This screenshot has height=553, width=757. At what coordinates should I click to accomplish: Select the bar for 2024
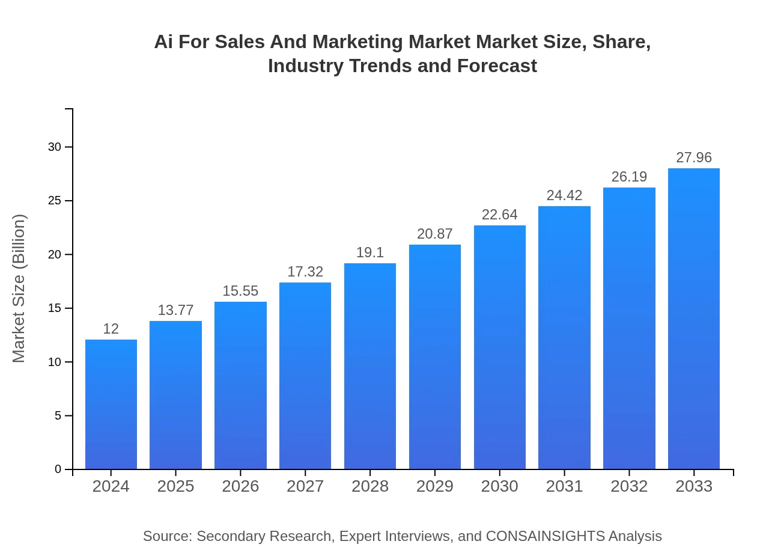click(x=111, y=404)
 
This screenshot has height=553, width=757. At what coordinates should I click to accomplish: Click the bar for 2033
click(x=694, y=319)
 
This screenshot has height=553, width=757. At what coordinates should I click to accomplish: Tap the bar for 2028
click(x=370, y=366)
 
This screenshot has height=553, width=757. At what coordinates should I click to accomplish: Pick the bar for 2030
click(x=499, y=347)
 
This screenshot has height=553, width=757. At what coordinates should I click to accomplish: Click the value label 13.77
click(x=175, y=310)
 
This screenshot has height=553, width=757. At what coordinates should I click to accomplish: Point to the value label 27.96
click(x=694, y=157)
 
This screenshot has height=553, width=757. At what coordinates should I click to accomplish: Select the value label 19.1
click(x=370, y=252)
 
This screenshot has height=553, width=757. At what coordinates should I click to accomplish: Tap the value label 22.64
click(x=499, y=215)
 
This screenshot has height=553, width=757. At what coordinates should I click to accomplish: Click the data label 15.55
click(x=240, y=291)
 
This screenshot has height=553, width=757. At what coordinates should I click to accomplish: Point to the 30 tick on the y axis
click(x=55, y=147)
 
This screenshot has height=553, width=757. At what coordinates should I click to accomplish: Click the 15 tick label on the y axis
click(x=55, y=308)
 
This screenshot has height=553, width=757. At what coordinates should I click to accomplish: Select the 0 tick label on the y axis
click(x=58, y=469)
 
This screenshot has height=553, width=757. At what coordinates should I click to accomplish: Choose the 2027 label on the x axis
click(x=305, y=486)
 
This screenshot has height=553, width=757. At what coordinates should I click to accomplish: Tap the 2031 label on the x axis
click(x=564, y=486)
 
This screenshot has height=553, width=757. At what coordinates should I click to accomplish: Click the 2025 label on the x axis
click(x=175, y=486)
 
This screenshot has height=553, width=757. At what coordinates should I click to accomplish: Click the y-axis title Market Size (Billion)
click(x=19, y=289)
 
